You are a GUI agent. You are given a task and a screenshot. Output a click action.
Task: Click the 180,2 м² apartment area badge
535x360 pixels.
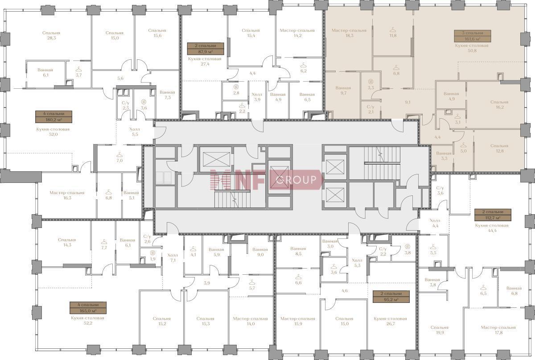[x=54, y=116]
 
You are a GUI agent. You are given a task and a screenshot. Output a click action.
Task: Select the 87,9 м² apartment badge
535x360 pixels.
[x=206, y=49]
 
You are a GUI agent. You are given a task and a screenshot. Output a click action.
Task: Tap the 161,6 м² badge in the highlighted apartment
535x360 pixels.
[x=473, y=36]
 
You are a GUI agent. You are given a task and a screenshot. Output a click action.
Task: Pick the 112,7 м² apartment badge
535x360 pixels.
[x=493, y=215]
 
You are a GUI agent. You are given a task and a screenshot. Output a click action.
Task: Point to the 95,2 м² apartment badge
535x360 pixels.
[x=391, y=297]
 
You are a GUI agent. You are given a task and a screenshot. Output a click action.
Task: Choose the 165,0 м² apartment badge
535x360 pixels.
[x=88, y=308]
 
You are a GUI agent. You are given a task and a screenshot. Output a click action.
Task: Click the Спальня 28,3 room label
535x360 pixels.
[x=51, y=35]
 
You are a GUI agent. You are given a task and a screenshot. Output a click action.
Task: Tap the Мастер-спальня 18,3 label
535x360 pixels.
[x=349, y=33]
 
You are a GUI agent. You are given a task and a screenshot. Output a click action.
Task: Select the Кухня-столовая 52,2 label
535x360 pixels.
[x=88, y=321]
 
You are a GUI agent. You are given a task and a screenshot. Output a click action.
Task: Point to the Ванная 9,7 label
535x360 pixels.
[x=343, y=91]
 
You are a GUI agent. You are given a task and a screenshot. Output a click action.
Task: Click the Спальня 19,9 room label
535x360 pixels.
[x=440, y=330]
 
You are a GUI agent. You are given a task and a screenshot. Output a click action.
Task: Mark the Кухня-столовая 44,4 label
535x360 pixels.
[x=492, y=228]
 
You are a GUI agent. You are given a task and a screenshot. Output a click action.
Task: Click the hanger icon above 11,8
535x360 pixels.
[x=393, y=30]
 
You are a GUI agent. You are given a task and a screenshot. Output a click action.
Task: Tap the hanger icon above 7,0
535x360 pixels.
[x=119, y=155]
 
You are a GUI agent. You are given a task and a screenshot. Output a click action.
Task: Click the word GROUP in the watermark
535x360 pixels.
[x=296, y=179]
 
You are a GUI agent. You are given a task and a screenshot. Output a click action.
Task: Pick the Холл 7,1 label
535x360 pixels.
[x=173, y=257]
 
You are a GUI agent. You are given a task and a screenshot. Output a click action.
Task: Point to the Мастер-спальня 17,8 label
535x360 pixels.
[x=498, y=330]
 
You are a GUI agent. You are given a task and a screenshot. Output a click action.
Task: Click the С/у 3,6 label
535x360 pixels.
[x=440, y=190]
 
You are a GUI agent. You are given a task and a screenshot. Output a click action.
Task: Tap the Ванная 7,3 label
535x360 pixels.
[x=168, y=95]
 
